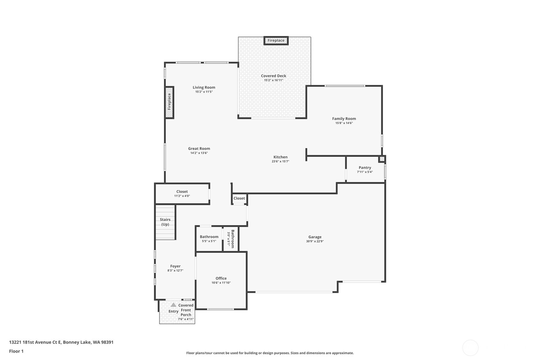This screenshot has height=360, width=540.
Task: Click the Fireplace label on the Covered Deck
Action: (276, 40)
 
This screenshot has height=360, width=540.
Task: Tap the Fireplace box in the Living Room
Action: (169, 102)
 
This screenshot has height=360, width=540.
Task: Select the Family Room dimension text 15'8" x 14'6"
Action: (344, 123)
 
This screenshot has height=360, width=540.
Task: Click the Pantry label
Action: (365, 167)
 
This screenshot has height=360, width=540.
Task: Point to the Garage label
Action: (315, 237)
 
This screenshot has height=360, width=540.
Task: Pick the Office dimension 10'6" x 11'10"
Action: (221, 283)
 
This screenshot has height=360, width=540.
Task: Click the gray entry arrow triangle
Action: (173, 305)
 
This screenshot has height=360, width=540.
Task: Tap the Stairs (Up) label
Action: (165, 222)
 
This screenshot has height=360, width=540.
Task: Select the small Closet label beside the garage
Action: (239, 198)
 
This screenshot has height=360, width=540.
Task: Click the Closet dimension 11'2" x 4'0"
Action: (182, 196)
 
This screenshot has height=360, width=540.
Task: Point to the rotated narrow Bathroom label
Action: (233, 239)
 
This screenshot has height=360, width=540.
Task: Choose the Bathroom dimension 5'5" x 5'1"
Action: (209, 241)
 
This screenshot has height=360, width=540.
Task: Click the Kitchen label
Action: (280, 157)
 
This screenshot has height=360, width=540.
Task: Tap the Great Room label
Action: (199, 148)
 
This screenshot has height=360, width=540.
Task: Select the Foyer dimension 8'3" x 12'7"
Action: (175, 271)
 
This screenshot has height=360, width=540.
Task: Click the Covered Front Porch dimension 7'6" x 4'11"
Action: (186, 319)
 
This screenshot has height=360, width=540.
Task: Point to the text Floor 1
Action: (16, 351)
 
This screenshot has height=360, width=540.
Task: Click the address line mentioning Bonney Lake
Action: (61, 342)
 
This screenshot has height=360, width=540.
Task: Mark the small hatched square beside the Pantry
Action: (382, 159)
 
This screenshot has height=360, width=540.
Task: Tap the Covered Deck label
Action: (273, 76)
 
